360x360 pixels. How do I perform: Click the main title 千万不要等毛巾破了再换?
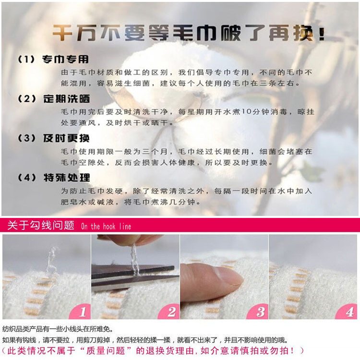[188, 33]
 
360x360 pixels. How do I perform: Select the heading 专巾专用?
[65, 59]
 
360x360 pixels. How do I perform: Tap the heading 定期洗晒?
[66, 99]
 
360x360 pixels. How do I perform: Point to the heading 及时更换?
[66, 138]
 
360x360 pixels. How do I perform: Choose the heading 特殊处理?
[67, 178]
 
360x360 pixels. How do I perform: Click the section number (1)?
[26, 60]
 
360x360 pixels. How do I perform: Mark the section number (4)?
[27, 178]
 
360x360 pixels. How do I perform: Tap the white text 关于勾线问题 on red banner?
[41, 225]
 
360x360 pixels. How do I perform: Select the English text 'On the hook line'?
[106, 227]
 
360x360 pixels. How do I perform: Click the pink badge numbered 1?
[81, 312]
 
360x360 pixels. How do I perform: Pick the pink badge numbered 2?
[169, 312]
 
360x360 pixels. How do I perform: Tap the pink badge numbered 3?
[258, 312]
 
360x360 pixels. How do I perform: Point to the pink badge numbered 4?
[347, 312]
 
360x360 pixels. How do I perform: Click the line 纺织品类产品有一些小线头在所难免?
[58, 329]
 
